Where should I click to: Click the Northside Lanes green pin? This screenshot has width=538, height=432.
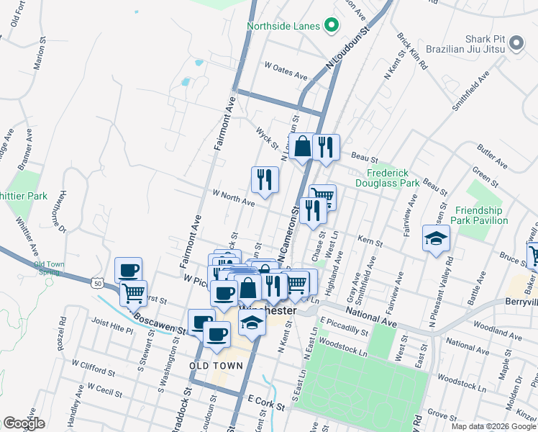coord(332,26)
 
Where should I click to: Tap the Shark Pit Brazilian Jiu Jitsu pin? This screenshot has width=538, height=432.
coord(516,45)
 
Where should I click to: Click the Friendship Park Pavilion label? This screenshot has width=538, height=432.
coord(481,215)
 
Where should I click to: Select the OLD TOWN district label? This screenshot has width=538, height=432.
coord(216,366)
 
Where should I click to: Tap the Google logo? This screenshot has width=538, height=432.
coord(24,423)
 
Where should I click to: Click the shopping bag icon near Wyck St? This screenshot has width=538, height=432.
coord(303,147)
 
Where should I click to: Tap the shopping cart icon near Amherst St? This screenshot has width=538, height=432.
coord(133,294)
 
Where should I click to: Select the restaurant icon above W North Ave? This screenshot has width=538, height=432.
coord(265,180)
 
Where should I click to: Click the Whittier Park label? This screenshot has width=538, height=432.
coord(23,196)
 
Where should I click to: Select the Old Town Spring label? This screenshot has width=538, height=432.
coord(48,268)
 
